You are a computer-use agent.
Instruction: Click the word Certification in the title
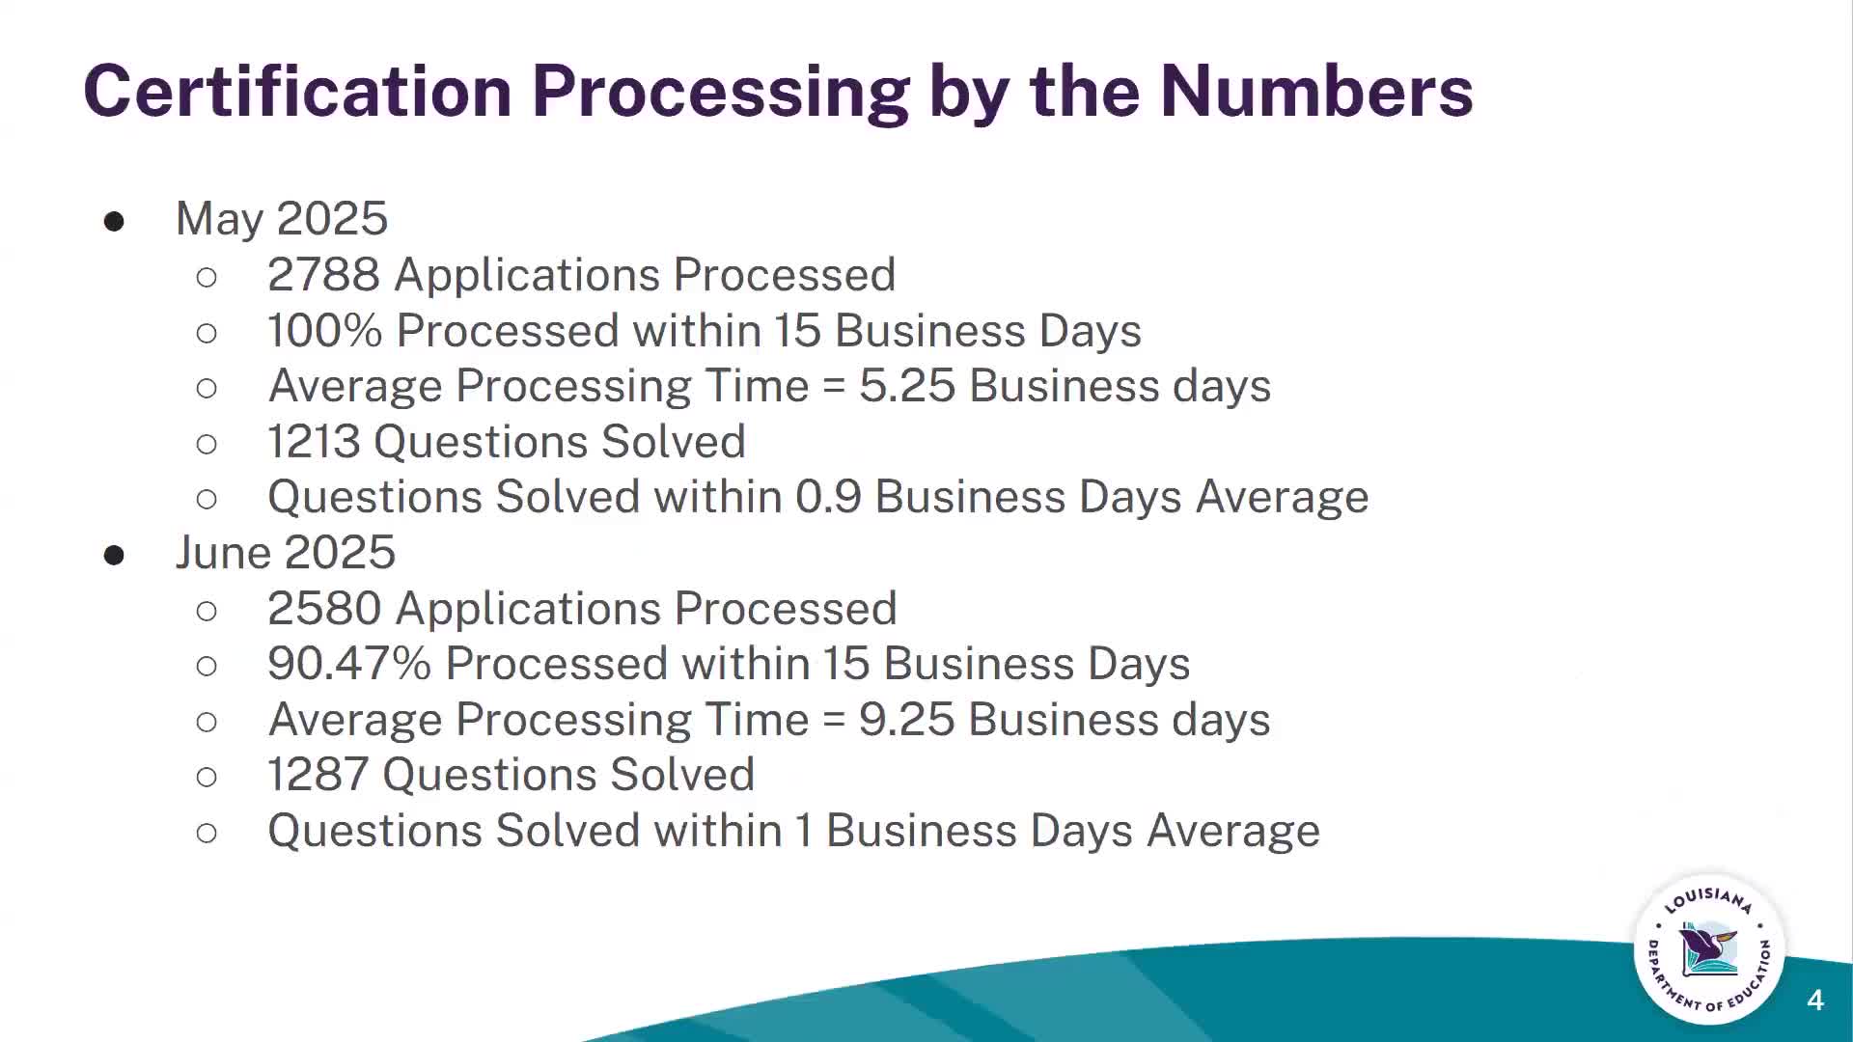coord(297,91)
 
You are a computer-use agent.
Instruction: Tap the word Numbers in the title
coord(1316,91)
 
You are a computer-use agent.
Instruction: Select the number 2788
coord(323,275)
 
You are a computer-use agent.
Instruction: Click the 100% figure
coord(324,331)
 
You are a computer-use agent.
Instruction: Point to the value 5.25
coord(907,386)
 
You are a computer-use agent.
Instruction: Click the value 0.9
coord(828,498)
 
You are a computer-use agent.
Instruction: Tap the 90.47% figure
coord(348,664)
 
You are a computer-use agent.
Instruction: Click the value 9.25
coord(907,720)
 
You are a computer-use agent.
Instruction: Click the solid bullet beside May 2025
coord(114,222)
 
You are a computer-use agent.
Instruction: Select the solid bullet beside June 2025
coord(114,555)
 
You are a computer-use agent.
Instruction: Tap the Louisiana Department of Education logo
coord(1709,950)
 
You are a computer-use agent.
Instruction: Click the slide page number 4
coord(1815,1001)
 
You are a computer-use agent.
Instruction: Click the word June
coord(223,553)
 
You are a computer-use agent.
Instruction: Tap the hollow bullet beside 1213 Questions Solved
coord(207,444)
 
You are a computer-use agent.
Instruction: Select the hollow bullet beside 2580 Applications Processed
coord(207,611)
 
